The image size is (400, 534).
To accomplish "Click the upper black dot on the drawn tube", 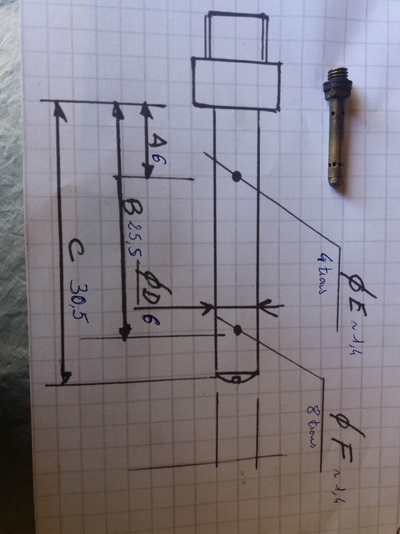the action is pos(236,176).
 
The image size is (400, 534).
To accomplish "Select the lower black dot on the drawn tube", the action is pos(237,329).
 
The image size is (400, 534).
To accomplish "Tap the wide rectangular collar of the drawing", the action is pos(236,81).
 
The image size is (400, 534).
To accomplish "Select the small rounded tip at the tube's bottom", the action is pos(237,378).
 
